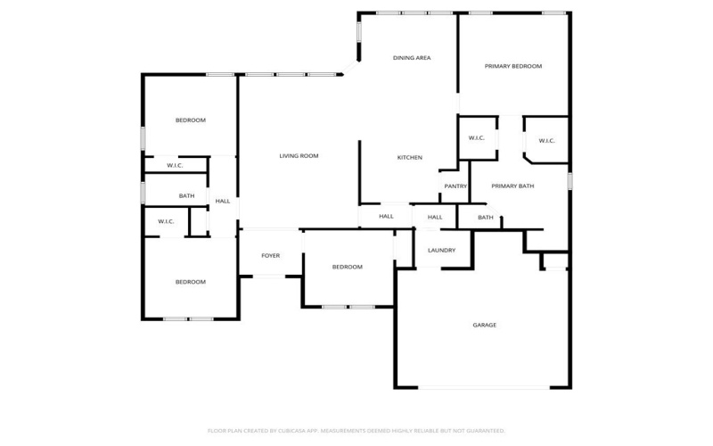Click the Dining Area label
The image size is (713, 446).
[x=412, y=58]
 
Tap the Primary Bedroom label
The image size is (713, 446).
[x=513, y=66]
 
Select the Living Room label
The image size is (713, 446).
[x=299, y=156]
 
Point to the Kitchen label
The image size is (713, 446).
[x=410, y=158]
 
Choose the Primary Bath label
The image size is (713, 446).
[x=513, y=186]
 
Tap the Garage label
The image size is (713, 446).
[x=485, y=325]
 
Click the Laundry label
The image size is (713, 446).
[x=442, y=250]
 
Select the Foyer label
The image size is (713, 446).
[x=270, y=256]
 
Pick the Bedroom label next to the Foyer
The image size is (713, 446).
[x=347, y=267]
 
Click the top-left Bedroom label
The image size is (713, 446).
[x=190, y=120]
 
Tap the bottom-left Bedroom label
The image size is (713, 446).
[x=190, y=282]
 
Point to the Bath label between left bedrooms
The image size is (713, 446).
[x=186, y=196]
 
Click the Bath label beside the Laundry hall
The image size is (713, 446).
[x=486, y=217]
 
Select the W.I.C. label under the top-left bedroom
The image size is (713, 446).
[x=175, y=166]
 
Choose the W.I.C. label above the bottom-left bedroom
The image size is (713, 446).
[x=166, y=221]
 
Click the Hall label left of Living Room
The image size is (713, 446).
[x=223, y=202]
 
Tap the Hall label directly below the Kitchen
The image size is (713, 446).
[x=386, y=217]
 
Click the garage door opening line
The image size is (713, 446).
[x=484, y=387]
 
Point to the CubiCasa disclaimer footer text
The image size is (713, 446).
[x=356, y=430]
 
